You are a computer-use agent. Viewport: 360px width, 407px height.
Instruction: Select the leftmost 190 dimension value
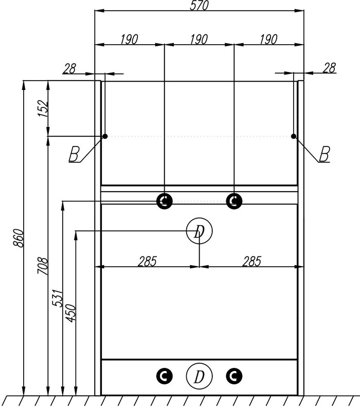pos(129,40)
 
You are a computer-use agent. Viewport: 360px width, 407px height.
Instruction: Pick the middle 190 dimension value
pos(199,40)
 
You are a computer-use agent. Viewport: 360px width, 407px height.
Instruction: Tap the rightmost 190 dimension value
pos(268,40)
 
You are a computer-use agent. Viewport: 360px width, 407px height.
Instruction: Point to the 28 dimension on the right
pos(329,67)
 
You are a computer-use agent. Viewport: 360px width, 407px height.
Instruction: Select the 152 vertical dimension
pos(43,108)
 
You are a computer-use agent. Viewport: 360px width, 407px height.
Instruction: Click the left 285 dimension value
pos(147,261)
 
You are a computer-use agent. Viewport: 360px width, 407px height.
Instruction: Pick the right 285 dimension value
pos(251,261)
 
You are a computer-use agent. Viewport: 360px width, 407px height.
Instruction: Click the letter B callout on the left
pos(75,154)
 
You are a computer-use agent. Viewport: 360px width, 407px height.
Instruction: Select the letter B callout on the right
pos(323,154)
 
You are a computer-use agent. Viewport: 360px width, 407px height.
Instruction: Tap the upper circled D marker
pos(199,232)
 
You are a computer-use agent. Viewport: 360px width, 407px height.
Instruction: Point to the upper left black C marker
pos(165,201)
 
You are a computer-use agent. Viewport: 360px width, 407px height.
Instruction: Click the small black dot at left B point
pos(105,136)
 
